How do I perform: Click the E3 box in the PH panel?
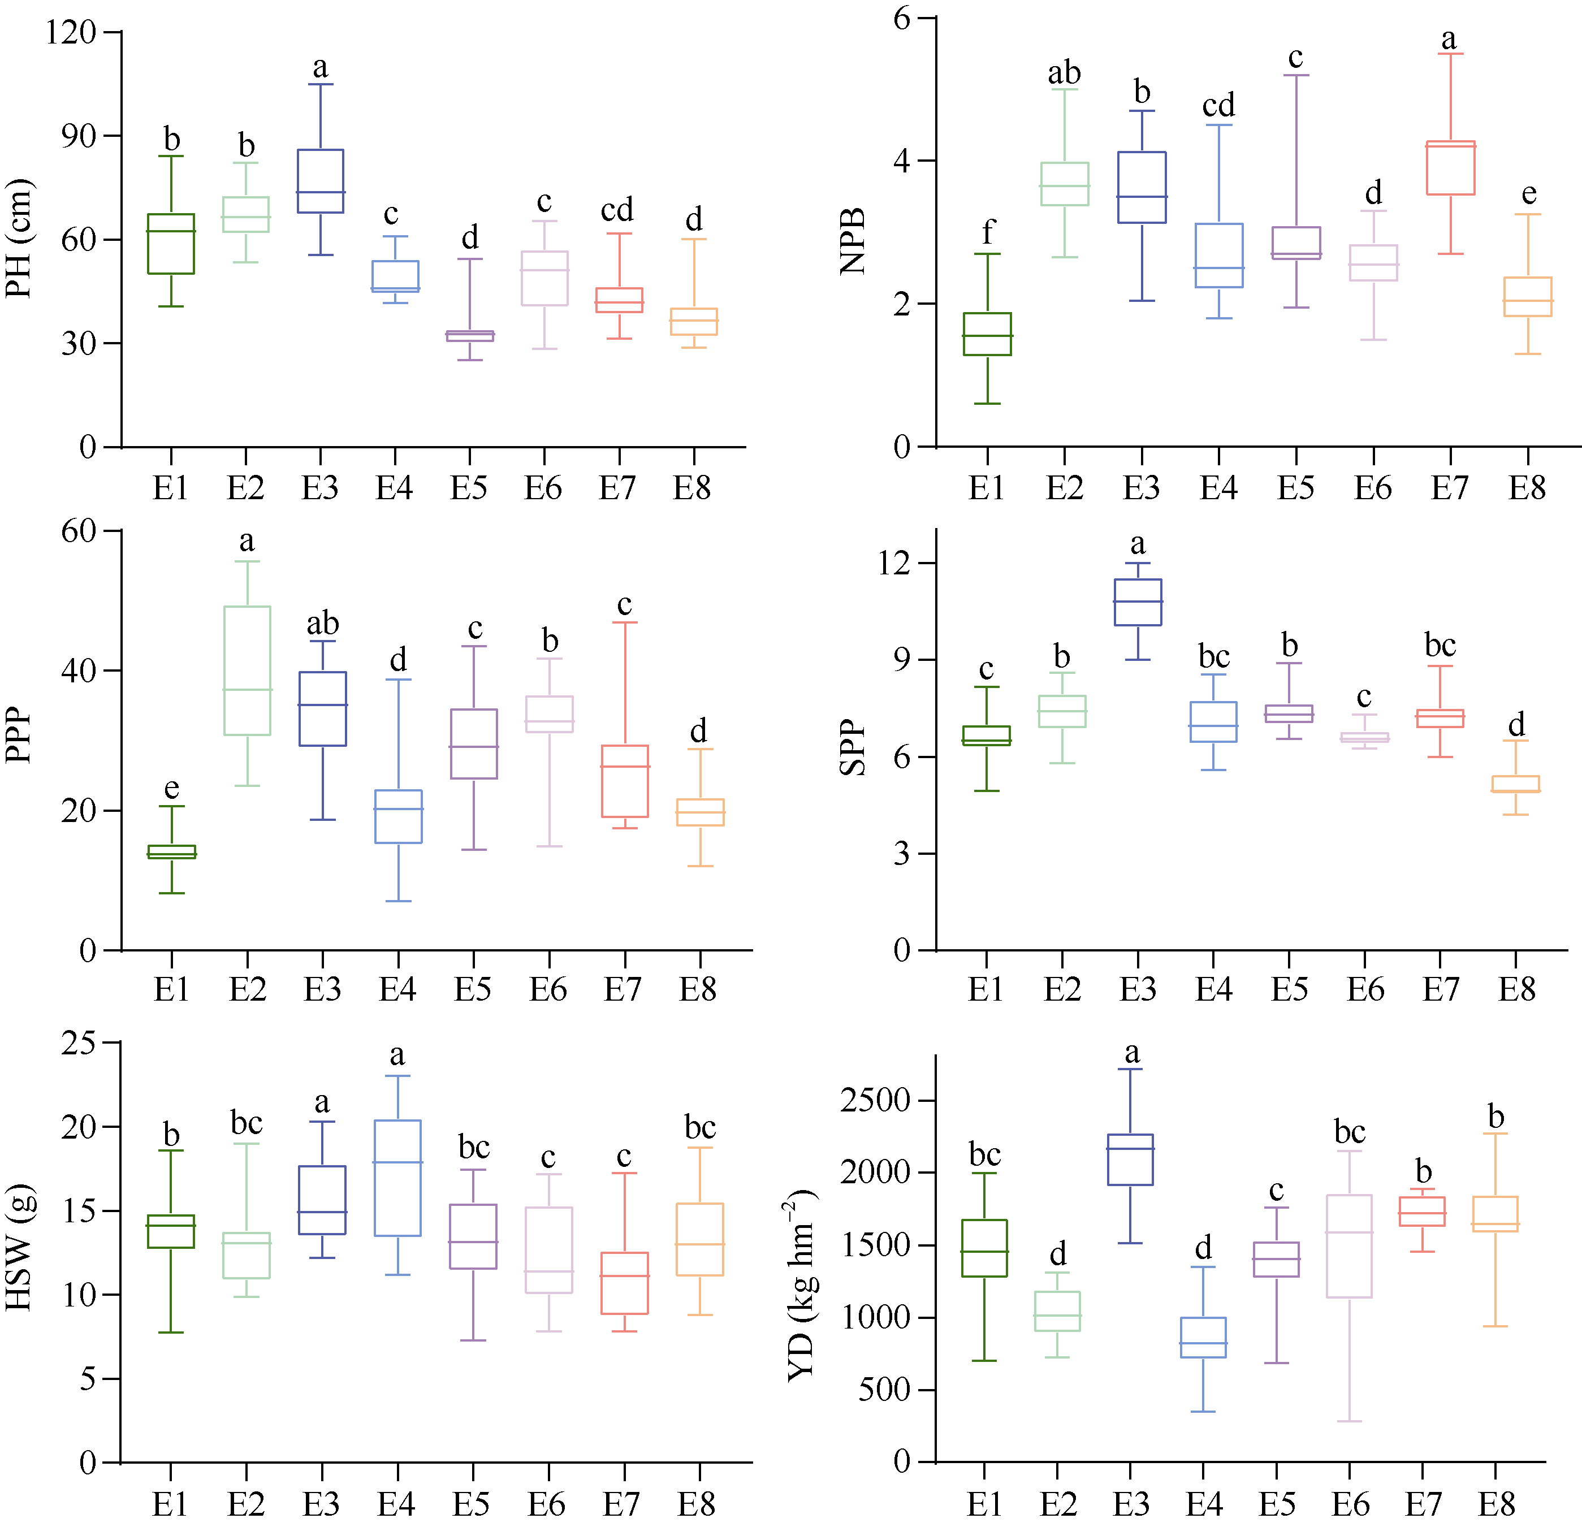321,181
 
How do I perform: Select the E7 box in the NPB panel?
1450,168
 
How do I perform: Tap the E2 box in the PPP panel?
247,671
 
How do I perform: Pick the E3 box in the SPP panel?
1138,602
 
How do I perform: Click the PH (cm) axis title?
19,239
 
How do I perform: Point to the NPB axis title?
852,240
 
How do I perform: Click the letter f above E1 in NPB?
988,232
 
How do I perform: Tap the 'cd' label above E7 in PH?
617,210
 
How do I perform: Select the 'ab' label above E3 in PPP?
323,623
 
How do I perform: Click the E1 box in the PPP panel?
172,851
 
